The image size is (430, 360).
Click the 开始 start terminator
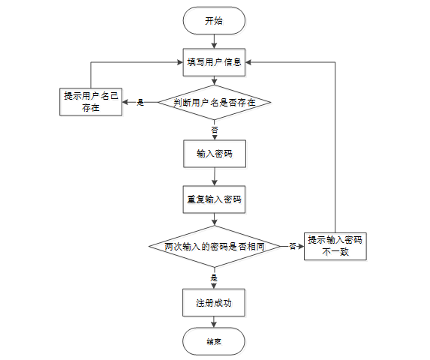214,21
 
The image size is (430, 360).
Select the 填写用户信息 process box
214,62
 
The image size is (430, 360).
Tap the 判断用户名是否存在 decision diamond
215,103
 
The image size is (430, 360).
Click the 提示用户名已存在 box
91,102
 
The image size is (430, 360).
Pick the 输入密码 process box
215,154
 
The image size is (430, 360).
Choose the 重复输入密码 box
214,199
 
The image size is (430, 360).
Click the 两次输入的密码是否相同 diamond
215,246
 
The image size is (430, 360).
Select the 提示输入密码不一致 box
335,246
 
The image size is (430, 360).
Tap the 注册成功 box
214,303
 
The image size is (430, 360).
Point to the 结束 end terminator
214,341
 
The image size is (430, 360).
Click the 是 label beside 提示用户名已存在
140,103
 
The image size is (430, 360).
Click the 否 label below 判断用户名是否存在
215,130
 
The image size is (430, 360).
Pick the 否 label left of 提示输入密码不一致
293,246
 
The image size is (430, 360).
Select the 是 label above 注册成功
214,278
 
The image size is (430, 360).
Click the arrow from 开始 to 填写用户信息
214,42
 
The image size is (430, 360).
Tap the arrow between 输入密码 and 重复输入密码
215,177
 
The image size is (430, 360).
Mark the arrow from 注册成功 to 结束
214,322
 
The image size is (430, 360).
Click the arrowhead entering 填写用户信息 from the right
248,62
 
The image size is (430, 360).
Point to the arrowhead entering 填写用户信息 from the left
180,62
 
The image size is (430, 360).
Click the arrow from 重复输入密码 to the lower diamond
215,220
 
